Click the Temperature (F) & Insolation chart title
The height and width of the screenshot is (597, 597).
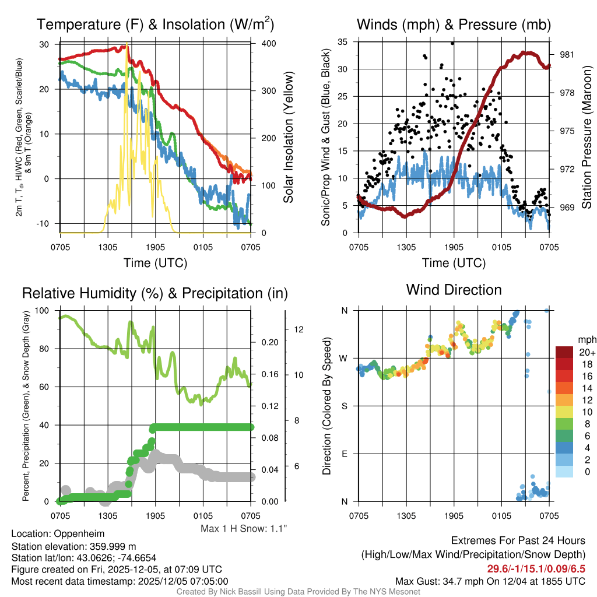pyautogui.click(x=155, y=24)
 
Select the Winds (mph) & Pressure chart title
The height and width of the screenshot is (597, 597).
pyautogui.click(x=454, y=24)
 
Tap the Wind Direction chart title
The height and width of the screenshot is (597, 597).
pyautogui.click(x=454, y=290)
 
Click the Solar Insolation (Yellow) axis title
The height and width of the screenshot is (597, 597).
pyautogui.click(x=288, y=138)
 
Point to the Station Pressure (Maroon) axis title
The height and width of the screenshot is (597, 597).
pyautogui.click(x=587, y=138)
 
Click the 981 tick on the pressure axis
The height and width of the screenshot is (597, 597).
pyautogui.click(x=567, y=55)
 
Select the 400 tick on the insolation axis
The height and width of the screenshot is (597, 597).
pyautogui.click(x=264, y=44)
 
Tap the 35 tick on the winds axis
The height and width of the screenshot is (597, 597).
pyautogui.click(x=343, y=42)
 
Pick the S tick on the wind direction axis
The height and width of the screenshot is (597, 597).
pyautogui.click(x=344, y=406)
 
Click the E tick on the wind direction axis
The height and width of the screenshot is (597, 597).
pyautogui.click(x=344, y=454)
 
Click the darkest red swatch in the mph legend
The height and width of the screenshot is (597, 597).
pyautogui.click(x=565, y=353)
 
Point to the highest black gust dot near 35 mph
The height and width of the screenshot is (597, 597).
pyautogui.click(x=452, y=43)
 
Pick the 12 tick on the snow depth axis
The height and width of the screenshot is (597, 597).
pyautogui.click(x=300, y=329)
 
